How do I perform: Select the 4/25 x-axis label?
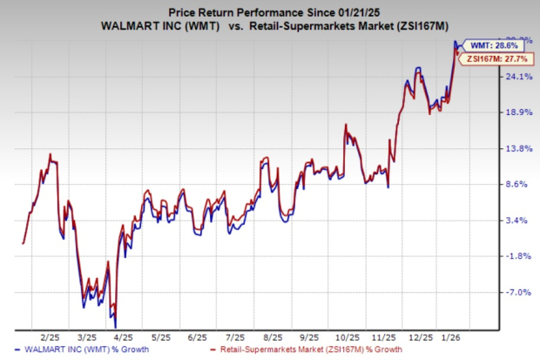coord(121,336)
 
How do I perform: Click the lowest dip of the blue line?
coord(115,325)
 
